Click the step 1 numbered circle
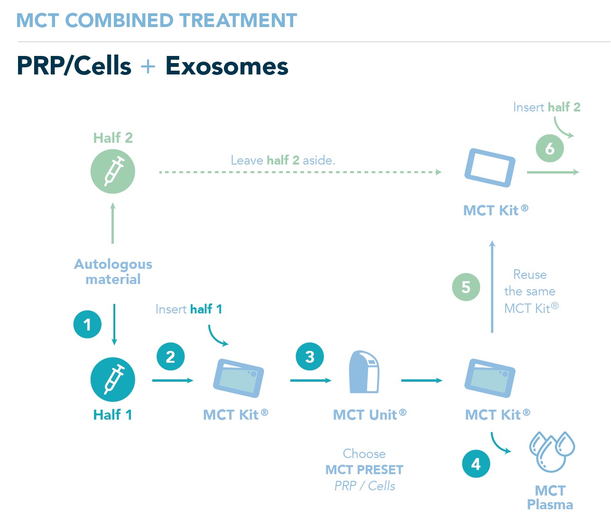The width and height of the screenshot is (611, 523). point(87,325)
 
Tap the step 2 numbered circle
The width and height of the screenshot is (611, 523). point(170,357)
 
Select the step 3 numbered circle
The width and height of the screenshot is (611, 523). point(310,357)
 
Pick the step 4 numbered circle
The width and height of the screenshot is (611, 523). point(476,464)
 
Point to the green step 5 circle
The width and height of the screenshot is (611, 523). point(466,287)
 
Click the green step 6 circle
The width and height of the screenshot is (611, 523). point(550,148)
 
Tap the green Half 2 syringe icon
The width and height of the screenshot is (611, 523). point(113,171)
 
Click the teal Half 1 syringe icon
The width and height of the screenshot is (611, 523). point(113,379)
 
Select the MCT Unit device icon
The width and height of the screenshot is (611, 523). point(364,372)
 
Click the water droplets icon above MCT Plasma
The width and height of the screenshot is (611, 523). point(551,451)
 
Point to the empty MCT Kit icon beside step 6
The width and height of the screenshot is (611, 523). point(490,168)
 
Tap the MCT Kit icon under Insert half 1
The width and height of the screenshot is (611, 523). point(238,378)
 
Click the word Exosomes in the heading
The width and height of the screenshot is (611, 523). point(227,66)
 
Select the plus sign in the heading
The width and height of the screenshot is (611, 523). point(148,66)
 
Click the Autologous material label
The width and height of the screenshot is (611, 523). point(113,272)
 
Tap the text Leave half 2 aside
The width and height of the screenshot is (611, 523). point(283,160)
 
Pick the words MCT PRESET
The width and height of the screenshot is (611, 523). point(364,470)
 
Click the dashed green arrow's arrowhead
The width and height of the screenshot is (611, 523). point(439,172)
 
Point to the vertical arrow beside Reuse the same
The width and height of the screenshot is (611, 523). point(492,287)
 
